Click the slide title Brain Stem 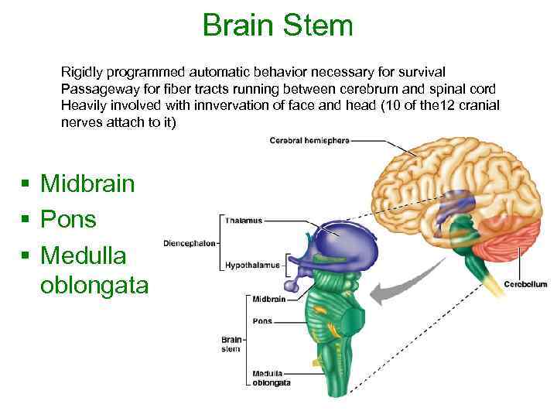click(x=278, y=25)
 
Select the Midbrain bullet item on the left click(x=87, y=183)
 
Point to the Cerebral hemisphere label click(x=309, y=141)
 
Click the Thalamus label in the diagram click(x=243, y=221)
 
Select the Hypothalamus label click(x=252, y=265)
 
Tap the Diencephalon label click(x=190, y=244)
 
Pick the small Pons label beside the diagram click(x=262, y=321)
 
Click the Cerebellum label click(x=525, y=284)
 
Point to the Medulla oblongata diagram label click(x=272, y=378)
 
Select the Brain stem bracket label click(x=231, y=344)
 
